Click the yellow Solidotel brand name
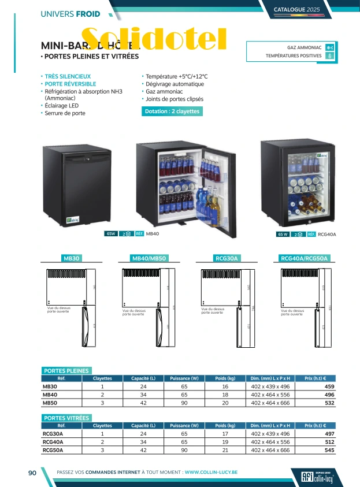click(x=154, y=39)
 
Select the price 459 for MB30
click(x=329, y=387)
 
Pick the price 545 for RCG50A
click(x=329, y=450)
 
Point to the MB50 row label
click(x=50, y=403)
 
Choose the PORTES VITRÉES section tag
click(x=66, y=417)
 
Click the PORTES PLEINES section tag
click(x=66, y=371)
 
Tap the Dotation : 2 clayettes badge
click(x=172, y=111)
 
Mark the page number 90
click(x=32, y=473)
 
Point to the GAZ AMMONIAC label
click(x=304, y=47)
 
